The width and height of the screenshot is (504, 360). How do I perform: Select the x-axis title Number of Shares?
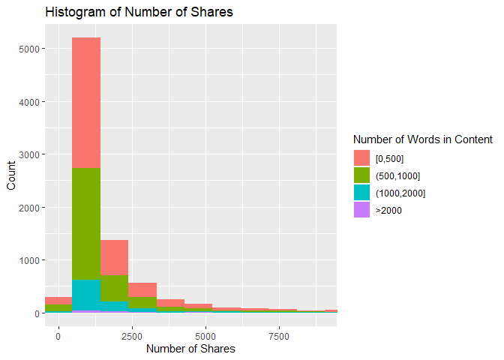tap(190, 349)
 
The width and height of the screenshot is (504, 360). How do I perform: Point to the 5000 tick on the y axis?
tap(28, 49)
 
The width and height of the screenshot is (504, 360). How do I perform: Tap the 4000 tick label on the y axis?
tap(28, 102)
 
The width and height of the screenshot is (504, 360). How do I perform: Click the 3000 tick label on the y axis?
tap(28, 154)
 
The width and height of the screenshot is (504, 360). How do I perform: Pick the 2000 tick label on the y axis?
tap(28, 208)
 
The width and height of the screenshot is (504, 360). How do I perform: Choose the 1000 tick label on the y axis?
tap(28, 260)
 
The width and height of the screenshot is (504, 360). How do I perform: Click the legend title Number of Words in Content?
tap(422, 139)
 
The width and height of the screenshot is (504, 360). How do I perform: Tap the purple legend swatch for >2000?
tap(361, 211)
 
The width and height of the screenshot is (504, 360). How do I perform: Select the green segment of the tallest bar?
tap(86, 224)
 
